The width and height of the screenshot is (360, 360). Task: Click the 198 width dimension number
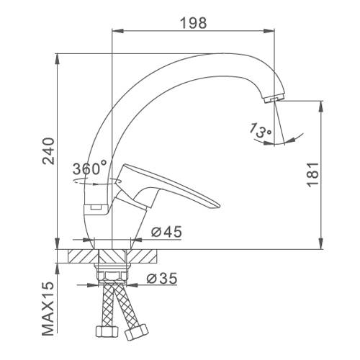tap(193, 23)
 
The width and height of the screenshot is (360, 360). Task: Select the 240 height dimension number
tap(48, 151)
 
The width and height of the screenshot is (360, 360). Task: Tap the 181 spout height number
tap(312, 174)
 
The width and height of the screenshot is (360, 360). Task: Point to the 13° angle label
tap(260, 131)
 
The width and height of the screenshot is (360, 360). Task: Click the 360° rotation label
tap(89, 168)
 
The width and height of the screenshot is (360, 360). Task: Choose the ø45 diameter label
tap(166, 232)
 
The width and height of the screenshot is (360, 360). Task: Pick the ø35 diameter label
tap(162, 278)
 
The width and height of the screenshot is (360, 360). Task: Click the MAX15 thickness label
tap(48, 308)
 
